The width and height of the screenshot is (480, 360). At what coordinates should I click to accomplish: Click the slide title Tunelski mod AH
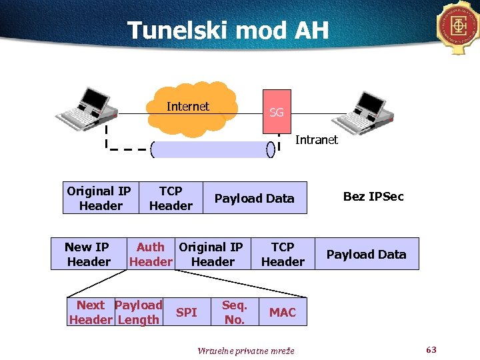coord(227,30)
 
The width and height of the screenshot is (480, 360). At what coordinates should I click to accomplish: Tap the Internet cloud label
coord(188,107)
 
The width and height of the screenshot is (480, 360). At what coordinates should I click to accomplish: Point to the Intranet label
coord(316,140)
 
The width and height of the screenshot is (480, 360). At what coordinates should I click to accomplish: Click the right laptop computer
coord(370,108)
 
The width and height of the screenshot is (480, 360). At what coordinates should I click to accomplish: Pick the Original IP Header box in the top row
coord(99,198)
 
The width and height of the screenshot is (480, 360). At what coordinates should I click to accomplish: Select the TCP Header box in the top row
coord(171,198)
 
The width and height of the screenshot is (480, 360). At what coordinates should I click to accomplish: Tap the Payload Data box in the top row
coord(254,198)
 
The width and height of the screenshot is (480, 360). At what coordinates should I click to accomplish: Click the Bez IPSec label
coord(373,197)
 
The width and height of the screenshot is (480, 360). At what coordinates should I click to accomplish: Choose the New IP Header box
coord(88,254)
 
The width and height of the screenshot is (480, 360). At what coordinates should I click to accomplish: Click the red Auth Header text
coord(151,254)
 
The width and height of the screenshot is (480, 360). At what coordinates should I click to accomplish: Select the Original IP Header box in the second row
coord(212,254)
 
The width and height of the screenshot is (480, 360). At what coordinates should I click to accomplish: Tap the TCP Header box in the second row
coord(283,254)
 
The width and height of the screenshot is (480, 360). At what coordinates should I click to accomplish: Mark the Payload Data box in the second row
coord(366,254)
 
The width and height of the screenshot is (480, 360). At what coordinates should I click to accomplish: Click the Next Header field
coord(91,312)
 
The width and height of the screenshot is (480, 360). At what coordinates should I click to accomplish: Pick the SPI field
coord(187,312)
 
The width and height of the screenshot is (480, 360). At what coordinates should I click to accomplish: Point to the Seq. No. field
coord(235,312)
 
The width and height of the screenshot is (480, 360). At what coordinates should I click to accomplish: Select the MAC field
coord(283,312)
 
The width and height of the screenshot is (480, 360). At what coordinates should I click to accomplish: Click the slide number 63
coord(431,349)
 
